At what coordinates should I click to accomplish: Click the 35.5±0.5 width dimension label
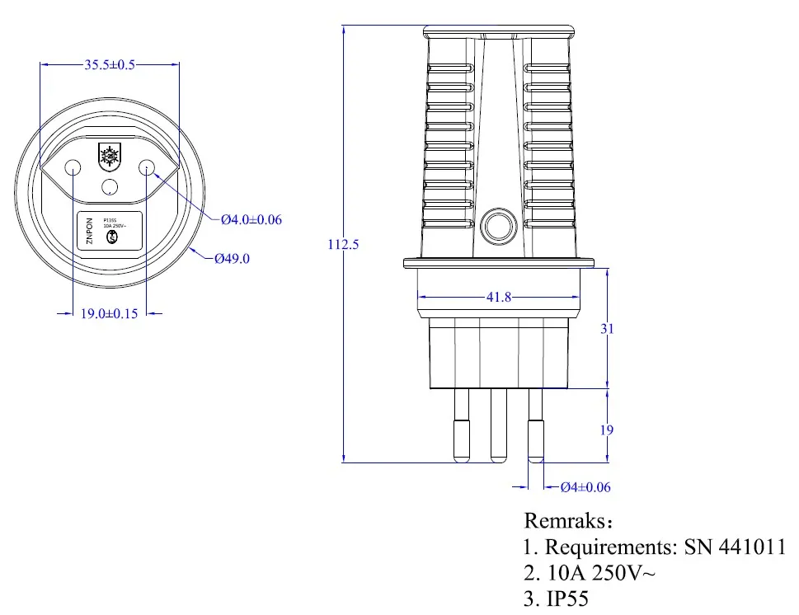click(x=110, y=65)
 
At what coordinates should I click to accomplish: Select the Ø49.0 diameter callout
click(x=232, y=258)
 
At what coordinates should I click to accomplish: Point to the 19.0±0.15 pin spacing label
click(x=108, y=314)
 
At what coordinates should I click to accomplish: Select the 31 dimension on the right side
click(x=608, y=328)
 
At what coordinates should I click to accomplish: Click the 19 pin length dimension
click(x=608, y=430)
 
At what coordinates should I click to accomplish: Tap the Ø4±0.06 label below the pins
click(x=585, y=487)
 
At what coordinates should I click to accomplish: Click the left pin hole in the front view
click(x=73, y=167)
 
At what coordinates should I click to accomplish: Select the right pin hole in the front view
click(x=147, y=167)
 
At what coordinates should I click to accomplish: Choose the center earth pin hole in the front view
click(x=110, y=187)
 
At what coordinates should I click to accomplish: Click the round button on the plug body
click(x=499, y=227)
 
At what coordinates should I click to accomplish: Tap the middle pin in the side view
click(x=497, y=425)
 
